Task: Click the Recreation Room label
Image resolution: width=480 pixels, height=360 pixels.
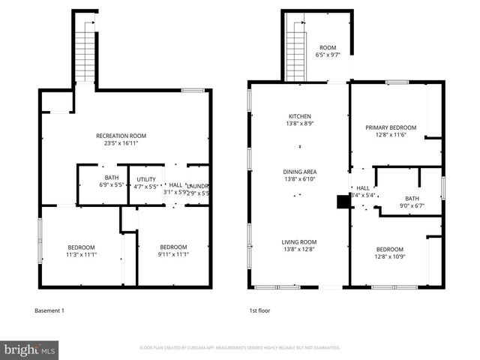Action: click(x=121, y=136)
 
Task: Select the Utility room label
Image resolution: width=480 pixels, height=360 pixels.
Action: click(x=146, y=179)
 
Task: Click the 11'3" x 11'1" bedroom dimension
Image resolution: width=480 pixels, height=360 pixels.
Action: click(x=82, y=254)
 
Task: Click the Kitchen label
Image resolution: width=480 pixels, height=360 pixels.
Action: click(x=300, y=116)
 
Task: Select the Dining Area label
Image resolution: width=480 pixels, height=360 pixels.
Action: click(x=300, y=172)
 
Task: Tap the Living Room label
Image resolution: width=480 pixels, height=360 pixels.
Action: click(x=299, y=241)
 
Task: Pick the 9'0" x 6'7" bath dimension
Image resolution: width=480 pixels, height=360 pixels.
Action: click(x=412, y=205)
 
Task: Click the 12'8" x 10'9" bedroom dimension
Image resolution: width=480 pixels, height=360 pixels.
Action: click(x=389, y=256)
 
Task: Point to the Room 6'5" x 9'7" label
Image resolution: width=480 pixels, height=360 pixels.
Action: click(x=328, y=51)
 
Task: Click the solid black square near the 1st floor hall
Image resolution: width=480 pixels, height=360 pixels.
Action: click(x=343, y=201)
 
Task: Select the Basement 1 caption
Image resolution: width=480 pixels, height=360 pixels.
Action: click(x=49, y=310)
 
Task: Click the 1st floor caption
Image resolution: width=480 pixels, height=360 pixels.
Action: click(x=259, y=310)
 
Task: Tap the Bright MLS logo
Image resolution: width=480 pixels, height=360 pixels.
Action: click(x=30, y=349)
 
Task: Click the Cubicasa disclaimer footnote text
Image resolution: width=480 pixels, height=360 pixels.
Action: click(x=239, y=348)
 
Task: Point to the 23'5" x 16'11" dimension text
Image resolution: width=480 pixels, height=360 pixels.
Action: click(x=121, y=142)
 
